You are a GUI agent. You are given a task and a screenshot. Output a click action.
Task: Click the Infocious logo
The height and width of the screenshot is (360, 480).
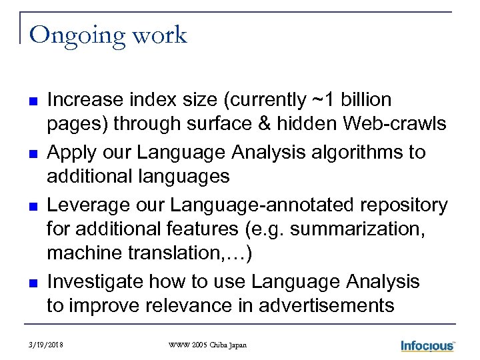pyautogui.click(x=427, y=345)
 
